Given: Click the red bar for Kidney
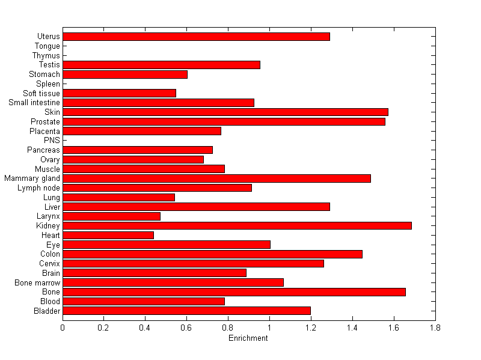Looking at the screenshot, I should [x=237, y=225].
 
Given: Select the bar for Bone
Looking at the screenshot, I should [x=234, y=291].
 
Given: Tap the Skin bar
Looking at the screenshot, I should [x=225, y=112].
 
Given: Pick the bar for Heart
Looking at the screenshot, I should [x=108, y=235].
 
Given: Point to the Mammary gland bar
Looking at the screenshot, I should [x=216, y=178].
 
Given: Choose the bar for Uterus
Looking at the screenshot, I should [x=196, y=37].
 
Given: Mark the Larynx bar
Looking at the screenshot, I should [x=111, y=216].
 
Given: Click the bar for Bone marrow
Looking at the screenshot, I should [x=173, y=282].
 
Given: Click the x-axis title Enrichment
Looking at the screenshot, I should [x=248, y=338].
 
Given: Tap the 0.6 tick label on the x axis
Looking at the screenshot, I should [x=186, y=328].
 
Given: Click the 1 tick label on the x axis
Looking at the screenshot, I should [x=269, y=328].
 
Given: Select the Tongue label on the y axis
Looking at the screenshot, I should [x=47, y=46].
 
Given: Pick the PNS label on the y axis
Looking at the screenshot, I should [x=52, y=141].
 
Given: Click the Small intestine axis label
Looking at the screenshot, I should [x=34, y=103].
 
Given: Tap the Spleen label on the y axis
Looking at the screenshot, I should [x=48, y=84].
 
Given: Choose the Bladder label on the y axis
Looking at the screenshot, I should [x=47, y=311].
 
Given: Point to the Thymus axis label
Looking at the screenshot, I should [x=46, y=56].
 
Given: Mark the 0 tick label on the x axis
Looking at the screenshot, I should [x=63, y=328].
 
